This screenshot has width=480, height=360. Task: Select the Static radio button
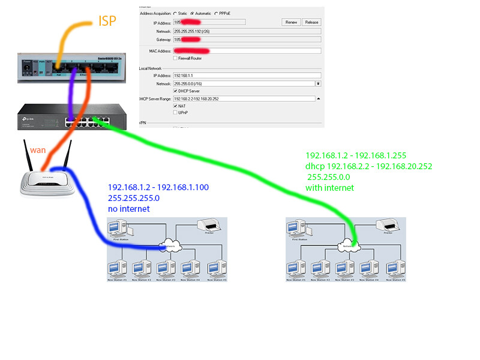(175, 13)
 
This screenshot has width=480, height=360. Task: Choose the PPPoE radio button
(216, 13)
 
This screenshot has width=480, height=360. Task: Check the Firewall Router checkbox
(175, 58)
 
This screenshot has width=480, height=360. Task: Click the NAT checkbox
(175, 106)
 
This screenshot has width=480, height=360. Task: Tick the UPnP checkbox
(175, 112)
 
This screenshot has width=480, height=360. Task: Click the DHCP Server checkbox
(175, 91)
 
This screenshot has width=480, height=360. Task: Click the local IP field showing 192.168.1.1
(246, 76)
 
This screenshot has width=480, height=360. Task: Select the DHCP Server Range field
(244, 98)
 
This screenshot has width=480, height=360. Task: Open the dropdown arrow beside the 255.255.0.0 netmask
(318, 83)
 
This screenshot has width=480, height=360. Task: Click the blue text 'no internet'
(129, 209)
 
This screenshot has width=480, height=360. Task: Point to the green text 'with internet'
(330, 188)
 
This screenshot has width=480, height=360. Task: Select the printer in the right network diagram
(387, 227)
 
